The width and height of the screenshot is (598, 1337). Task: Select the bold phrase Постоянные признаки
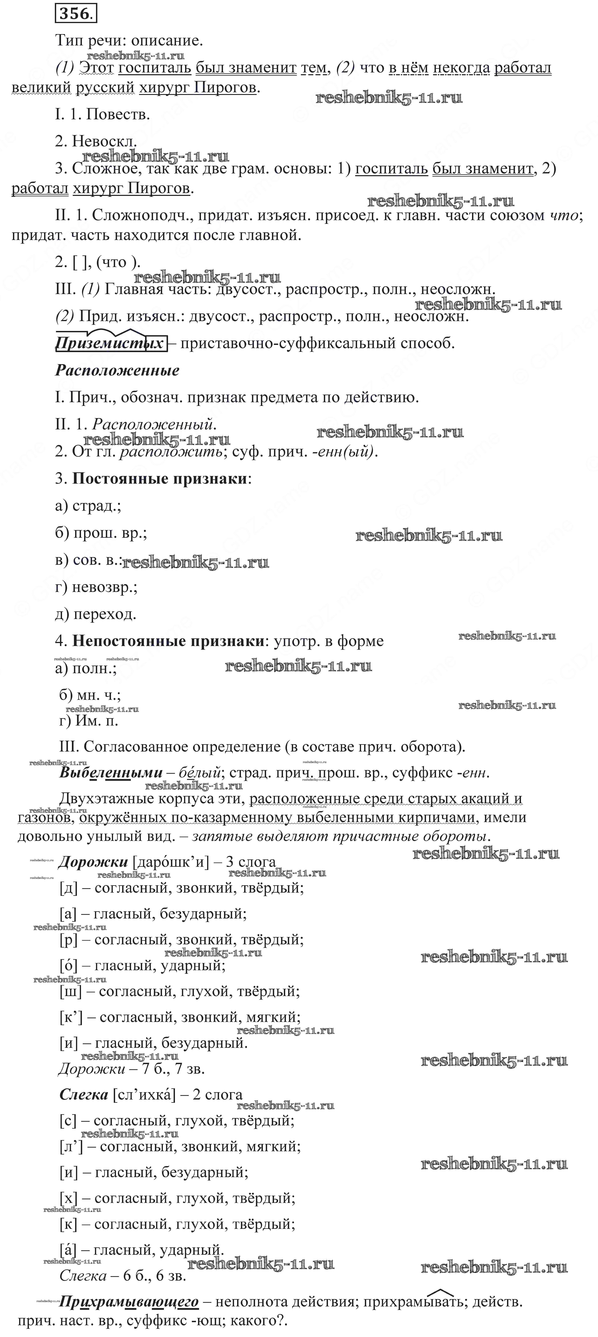(x=159, y=478)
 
